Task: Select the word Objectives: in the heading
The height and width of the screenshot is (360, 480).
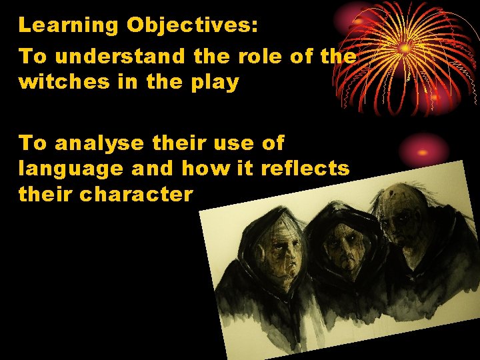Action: [193, 25]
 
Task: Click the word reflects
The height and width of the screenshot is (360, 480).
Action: [305, 169]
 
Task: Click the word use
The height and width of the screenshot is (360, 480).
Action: [233, 143]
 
